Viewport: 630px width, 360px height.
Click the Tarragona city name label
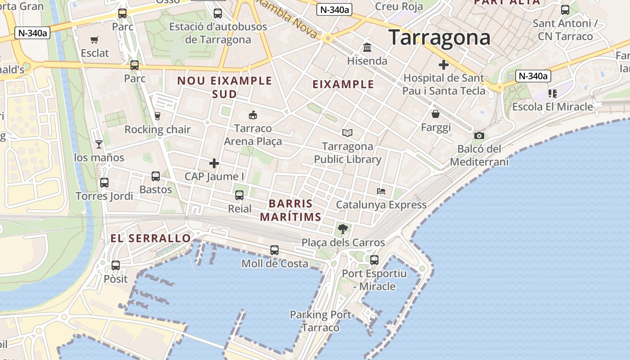point(439,38)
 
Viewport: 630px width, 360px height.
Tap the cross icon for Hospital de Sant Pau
point(444,65)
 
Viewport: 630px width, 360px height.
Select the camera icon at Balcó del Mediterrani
point(479,135)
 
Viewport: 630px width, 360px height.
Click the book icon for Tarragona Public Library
point(347,133)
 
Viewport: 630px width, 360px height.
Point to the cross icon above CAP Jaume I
point(214,163)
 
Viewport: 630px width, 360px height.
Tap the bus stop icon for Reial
point(239,195)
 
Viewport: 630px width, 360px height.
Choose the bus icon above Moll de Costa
point(274,250)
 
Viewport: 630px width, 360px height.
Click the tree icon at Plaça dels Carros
point(343,229)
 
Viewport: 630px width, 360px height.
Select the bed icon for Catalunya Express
point(381,191)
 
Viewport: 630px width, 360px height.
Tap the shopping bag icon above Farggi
point(436,114)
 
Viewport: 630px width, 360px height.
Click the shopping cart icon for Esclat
point(94,40)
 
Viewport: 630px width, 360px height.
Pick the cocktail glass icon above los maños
point(99,144)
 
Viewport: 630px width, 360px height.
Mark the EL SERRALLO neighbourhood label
point(151,238)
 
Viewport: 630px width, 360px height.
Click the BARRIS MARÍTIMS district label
point(291,210)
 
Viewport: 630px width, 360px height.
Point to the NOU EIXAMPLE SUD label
point(225,87)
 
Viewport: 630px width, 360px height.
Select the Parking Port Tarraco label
point(320,321)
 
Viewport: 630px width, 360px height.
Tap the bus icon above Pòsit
point(116,265)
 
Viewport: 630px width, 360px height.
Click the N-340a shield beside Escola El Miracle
point(533,76)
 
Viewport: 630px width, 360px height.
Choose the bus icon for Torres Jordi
point(104,183)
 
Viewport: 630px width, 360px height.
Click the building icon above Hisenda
point(367,47)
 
